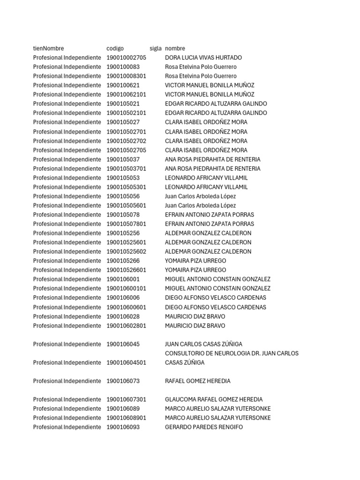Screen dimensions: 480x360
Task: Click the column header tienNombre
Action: (48, 48)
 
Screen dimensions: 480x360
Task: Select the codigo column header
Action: (115, 48)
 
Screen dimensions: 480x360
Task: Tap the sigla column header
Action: (156, 48)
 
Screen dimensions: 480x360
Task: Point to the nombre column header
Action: (175, 48)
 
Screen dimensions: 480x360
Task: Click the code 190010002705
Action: (126, 58)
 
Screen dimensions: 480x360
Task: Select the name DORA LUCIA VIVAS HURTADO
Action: (203, 58)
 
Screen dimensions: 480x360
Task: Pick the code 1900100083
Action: (123, 67)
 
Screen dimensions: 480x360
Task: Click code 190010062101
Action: (126, 95)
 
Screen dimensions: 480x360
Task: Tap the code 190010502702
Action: (126, 141)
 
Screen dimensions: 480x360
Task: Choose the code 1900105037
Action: (123, 159)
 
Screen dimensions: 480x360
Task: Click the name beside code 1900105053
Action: (206, 178)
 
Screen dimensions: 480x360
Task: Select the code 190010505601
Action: (126, 205)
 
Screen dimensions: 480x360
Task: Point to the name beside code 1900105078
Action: (210, 215)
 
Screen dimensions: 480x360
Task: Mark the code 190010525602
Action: (126, 252)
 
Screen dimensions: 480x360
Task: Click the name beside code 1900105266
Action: (195, 261)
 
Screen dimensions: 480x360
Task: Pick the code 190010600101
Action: (126, 288)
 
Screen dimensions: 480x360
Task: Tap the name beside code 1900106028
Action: (195, 316)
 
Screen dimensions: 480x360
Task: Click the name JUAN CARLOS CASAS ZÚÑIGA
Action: (203, 344)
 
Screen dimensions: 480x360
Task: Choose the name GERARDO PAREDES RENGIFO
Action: (204, 427)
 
